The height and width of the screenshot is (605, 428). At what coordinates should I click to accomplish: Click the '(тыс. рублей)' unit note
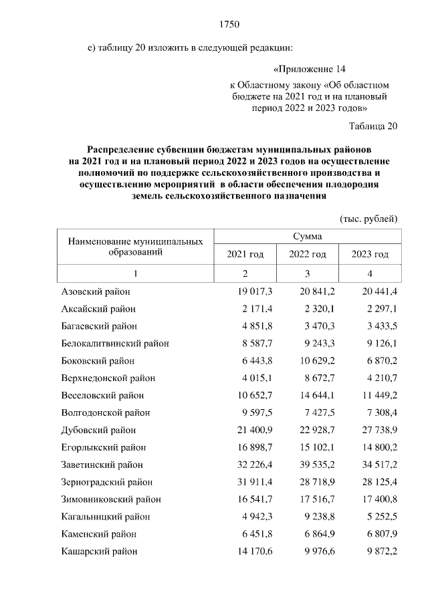pyautogui.click(x=368, y=219)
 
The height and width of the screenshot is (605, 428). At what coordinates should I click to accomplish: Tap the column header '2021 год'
pyautogui.click(x=245, y=255)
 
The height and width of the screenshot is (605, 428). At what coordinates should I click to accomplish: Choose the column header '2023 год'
pyautogui.click(x=370, y=255)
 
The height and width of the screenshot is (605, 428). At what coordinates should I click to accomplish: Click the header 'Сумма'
pyautogui.click(x=307, y=237)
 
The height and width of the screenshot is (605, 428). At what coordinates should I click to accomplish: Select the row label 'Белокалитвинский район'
pyautogui.click(x=115, y=344)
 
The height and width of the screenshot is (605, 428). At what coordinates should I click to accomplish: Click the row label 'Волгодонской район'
pyautogui.click(x=106, y=412)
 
